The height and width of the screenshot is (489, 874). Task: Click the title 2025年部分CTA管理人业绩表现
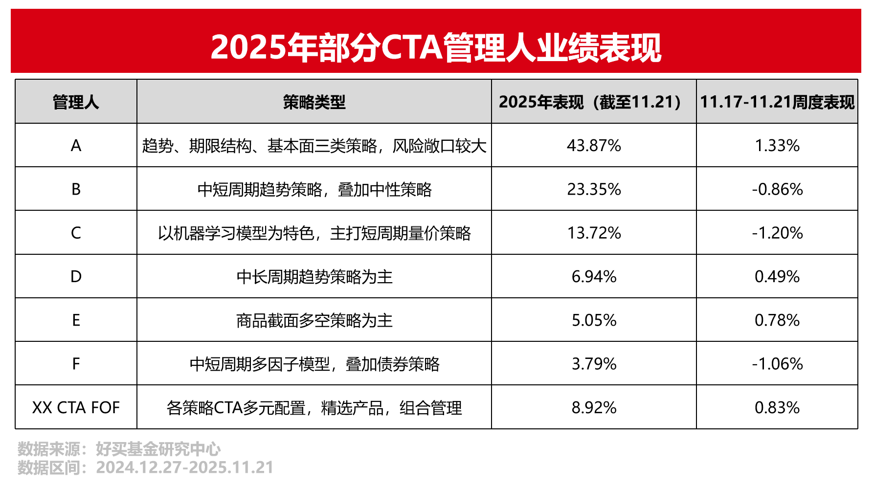(436, 47)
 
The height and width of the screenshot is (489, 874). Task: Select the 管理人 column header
(76, 102)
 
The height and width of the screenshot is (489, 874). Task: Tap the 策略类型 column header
(314, 102)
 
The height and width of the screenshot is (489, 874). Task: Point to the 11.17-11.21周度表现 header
(777, 102)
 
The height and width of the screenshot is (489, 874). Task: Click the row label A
(76, 146)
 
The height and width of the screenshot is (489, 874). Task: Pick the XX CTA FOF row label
(76, 407)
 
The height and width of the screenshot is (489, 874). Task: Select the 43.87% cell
(594, 146)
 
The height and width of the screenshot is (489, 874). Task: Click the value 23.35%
(594, 189)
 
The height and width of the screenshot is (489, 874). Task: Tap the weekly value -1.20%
(777, 233)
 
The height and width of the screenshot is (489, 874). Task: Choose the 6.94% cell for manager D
(594, 277)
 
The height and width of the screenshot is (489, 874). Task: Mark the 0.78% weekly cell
(777, 320)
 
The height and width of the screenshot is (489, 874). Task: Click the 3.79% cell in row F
(594, 364)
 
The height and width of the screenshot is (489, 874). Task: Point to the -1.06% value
(777, 364)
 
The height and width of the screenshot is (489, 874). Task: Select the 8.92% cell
(594, 407)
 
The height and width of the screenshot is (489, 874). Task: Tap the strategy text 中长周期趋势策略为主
(314, 277)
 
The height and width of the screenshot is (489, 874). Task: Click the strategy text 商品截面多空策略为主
(314, 320)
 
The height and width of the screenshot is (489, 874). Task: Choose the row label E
(76, 320)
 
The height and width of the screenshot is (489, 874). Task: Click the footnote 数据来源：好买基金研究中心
(119, 449)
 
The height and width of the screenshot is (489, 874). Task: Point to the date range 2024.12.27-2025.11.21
(184, 467)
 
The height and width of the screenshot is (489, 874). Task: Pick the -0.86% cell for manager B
(777, 189)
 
